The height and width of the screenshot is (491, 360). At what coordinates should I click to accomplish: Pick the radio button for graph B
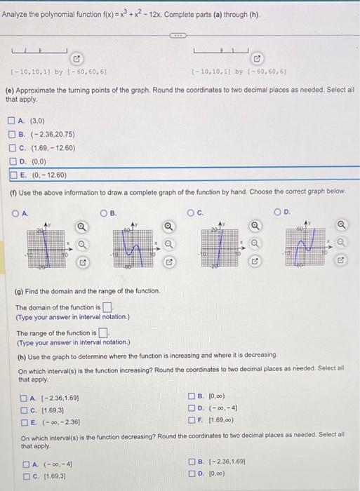[103, 213]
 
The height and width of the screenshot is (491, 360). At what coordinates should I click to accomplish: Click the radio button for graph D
[278, 213]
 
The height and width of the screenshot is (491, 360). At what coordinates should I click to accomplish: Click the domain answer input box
[107, 307]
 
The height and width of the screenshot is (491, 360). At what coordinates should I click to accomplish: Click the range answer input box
[103, 332]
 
